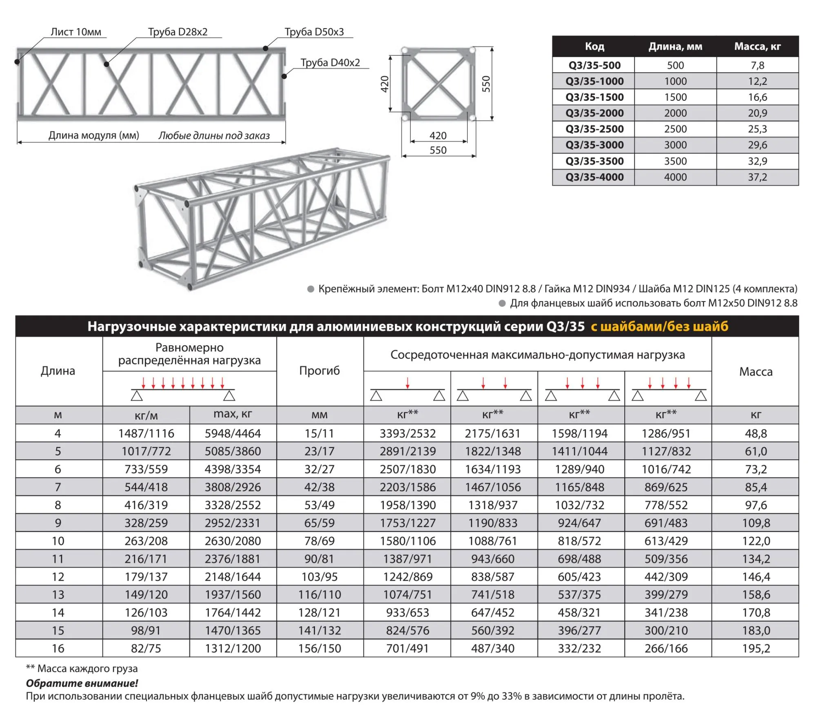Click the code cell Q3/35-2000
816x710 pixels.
(594, 113)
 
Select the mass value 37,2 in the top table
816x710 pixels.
(757, 177)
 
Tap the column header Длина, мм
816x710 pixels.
(675, 47)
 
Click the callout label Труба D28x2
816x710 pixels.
(178, 32)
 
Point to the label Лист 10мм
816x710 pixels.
(76, 32)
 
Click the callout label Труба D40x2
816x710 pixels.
(330, 62)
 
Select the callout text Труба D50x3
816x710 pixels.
(314, 32)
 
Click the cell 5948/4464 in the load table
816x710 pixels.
(233, 433)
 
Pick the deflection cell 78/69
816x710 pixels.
(319, 541)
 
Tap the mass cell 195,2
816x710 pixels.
(756, 648)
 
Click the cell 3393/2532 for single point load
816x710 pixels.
(408, 433)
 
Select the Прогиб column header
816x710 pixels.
(319, 371)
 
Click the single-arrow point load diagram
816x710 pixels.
(407, 389)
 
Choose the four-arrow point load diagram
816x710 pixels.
(669, 389)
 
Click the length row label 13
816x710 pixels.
(58, 595)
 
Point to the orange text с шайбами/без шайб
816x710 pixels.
(659, 326)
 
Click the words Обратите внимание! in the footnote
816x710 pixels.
(82, 683)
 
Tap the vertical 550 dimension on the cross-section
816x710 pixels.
(486, 84)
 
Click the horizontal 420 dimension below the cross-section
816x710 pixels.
(438, 135)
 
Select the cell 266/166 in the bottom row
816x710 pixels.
(666, 648)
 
